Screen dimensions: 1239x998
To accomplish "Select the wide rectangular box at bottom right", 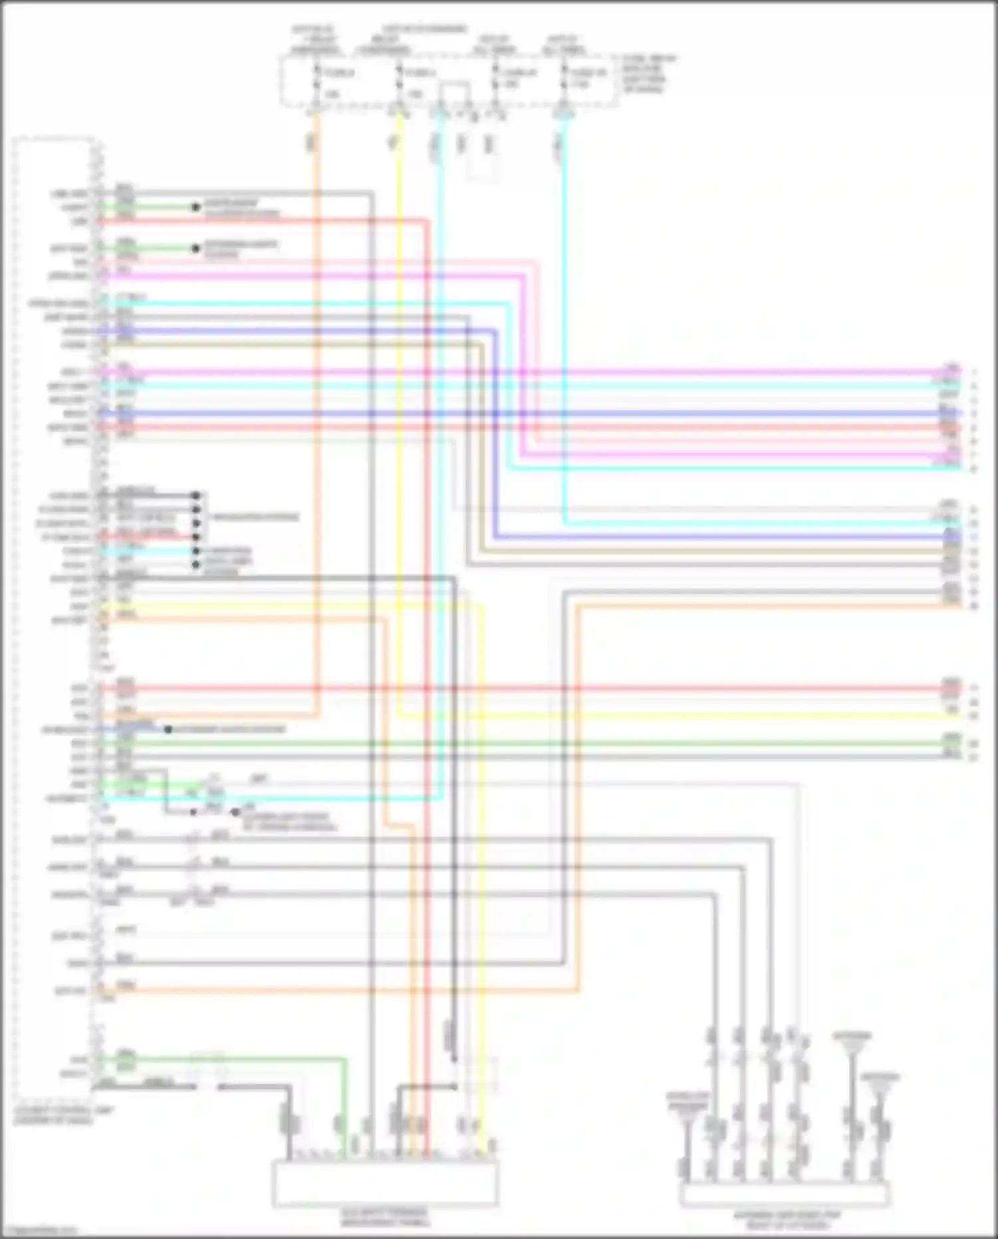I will tap(785, 1194).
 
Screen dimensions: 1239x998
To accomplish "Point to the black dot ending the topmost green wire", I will tap(196, 207).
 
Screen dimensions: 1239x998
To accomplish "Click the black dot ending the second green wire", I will tap(196, 248).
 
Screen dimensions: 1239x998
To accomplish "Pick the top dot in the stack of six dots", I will tap(196, 495).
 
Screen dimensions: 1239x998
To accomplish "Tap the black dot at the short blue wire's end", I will tap(168, 730).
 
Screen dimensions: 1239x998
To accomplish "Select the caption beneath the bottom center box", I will tap(385, 1218).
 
